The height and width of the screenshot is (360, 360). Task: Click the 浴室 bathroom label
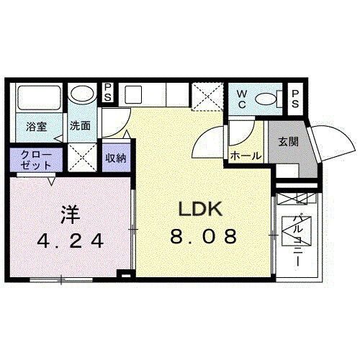tap(37, 127)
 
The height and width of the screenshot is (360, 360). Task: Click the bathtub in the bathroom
tap(37, 97)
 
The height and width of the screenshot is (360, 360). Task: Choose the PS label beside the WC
tap(296, 99)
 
